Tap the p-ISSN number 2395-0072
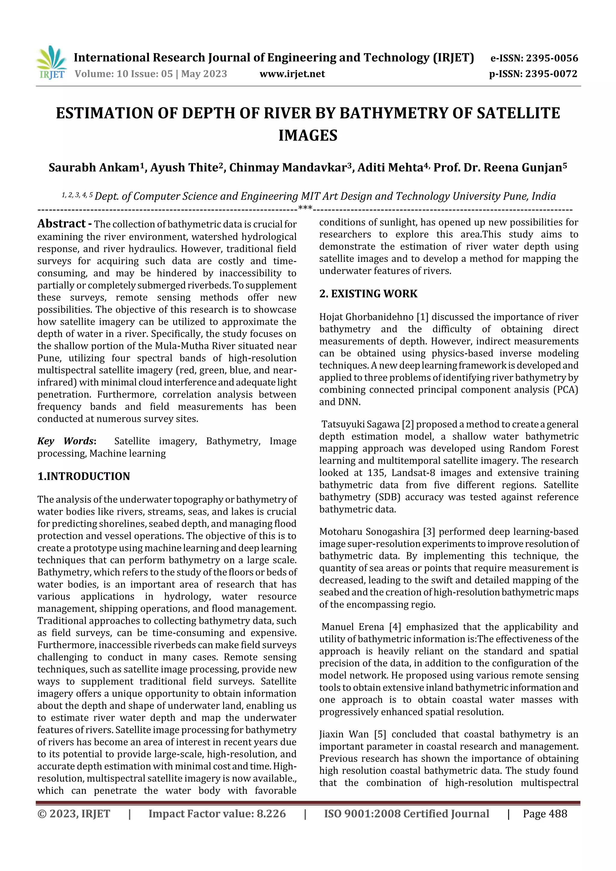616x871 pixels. (x=551, y=74)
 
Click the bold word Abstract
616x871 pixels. (x=61, y=223)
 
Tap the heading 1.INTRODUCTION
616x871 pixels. (x=84, y=476)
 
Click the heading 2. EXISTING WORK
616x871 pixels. (x=368, y=294)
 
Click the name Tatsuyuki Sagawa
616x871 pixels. (x=361, y=424)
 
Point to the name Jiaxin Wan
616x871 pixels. (x=344, y=734)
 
